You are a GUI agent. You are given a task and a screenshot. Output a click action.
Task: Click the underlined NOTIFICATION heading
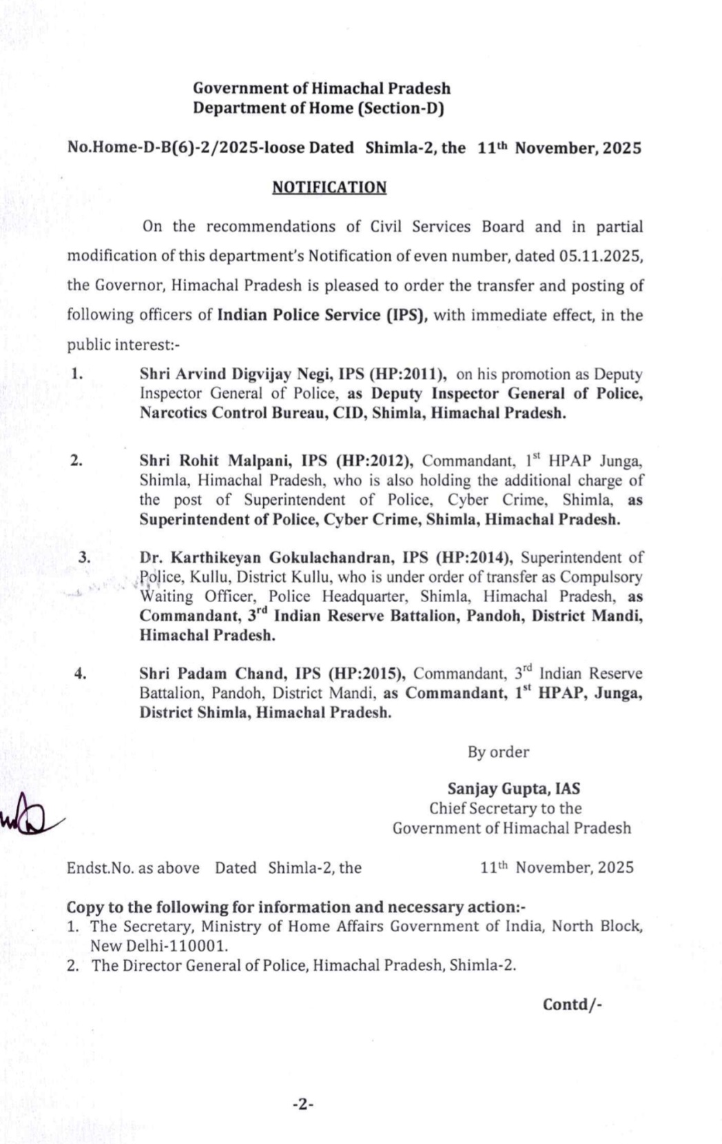pyautogui.click(x=329, y=188)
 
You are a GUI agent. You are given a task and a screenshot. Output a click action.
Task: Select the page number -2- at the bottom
pyautogui.click(x=303, y=1104)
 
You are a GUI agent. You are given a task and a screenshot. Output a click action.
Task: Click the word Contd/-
pyautogui.click(x=572, y=1004)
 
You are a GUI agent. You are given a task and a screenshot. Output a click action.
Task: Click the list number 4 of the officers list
pyautogui.click(x=80, y=673)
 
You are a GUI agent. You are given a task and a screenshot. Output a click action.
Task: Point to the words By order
pyautogui.click(x=498, y=752)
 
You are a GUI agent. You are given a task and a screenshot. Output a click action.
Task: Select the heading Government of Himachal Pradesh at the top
pyautogui.click(x=322, y=88)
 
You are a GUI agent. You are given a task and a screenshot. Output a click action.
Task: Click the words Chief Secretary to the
pyautogui.click(x=505, y=808)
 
